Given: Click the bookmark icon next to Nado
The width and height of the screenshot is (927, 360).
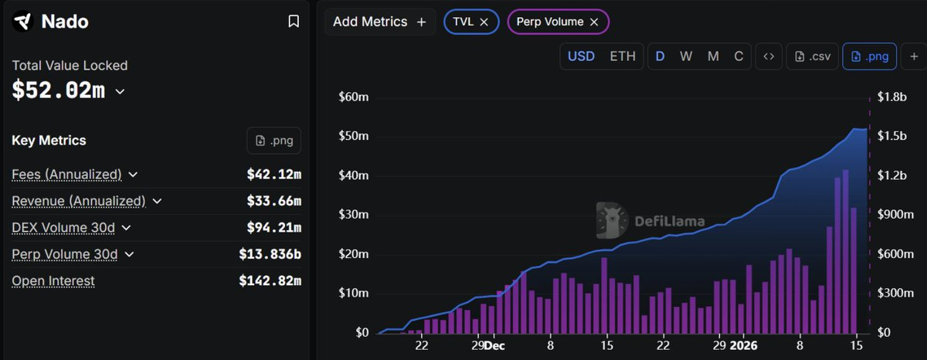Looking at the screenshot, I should tap(294, 22).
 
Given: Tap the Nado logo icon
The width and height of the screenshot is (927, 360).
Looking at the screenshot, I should tap(23, 22).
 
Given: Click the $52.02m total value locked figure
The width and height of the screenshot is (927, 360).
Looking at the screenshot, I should tap(59, 90).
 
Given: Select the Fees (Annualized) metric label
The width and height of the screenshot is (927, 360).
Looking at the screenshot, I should tap(67, 175).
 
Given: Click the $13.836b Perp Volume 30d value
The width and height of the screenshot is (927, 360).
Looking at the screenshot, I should tap(270, 253).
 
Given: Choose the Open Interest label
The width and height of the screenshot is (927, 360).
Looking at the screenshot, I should tap(53, 280).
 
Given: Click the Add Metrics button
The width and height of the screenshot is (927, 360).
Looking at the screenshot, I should tap(379, 22).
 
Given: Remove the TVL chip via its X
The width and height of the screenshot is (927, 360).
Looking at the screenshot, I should tap(484, 22).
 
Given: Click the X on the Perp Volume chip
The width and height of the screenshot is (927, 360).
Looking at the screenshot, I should tap(594, 22).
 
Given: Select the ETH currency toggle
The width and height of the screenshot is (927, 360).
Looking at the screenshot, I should tap(623, 56).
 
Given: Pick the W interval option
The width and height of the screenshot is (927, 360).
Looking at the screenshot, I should tap(685, 56).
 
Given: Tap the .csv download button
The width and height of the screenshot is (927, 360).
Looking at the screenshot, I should tap(812, 56).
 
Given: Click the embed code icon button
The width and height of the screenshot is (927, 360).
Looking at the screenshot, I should tap(768, 56).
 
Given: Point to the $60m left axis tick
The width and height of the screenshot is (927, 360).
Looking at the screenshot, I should tap(354, 97).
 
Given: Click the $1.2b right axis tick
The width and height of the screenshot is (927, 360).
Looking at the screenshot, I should tap(891, 175).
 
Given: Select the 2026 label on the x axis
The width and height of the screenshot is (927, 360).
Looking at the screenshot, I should tap(745, 345).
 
